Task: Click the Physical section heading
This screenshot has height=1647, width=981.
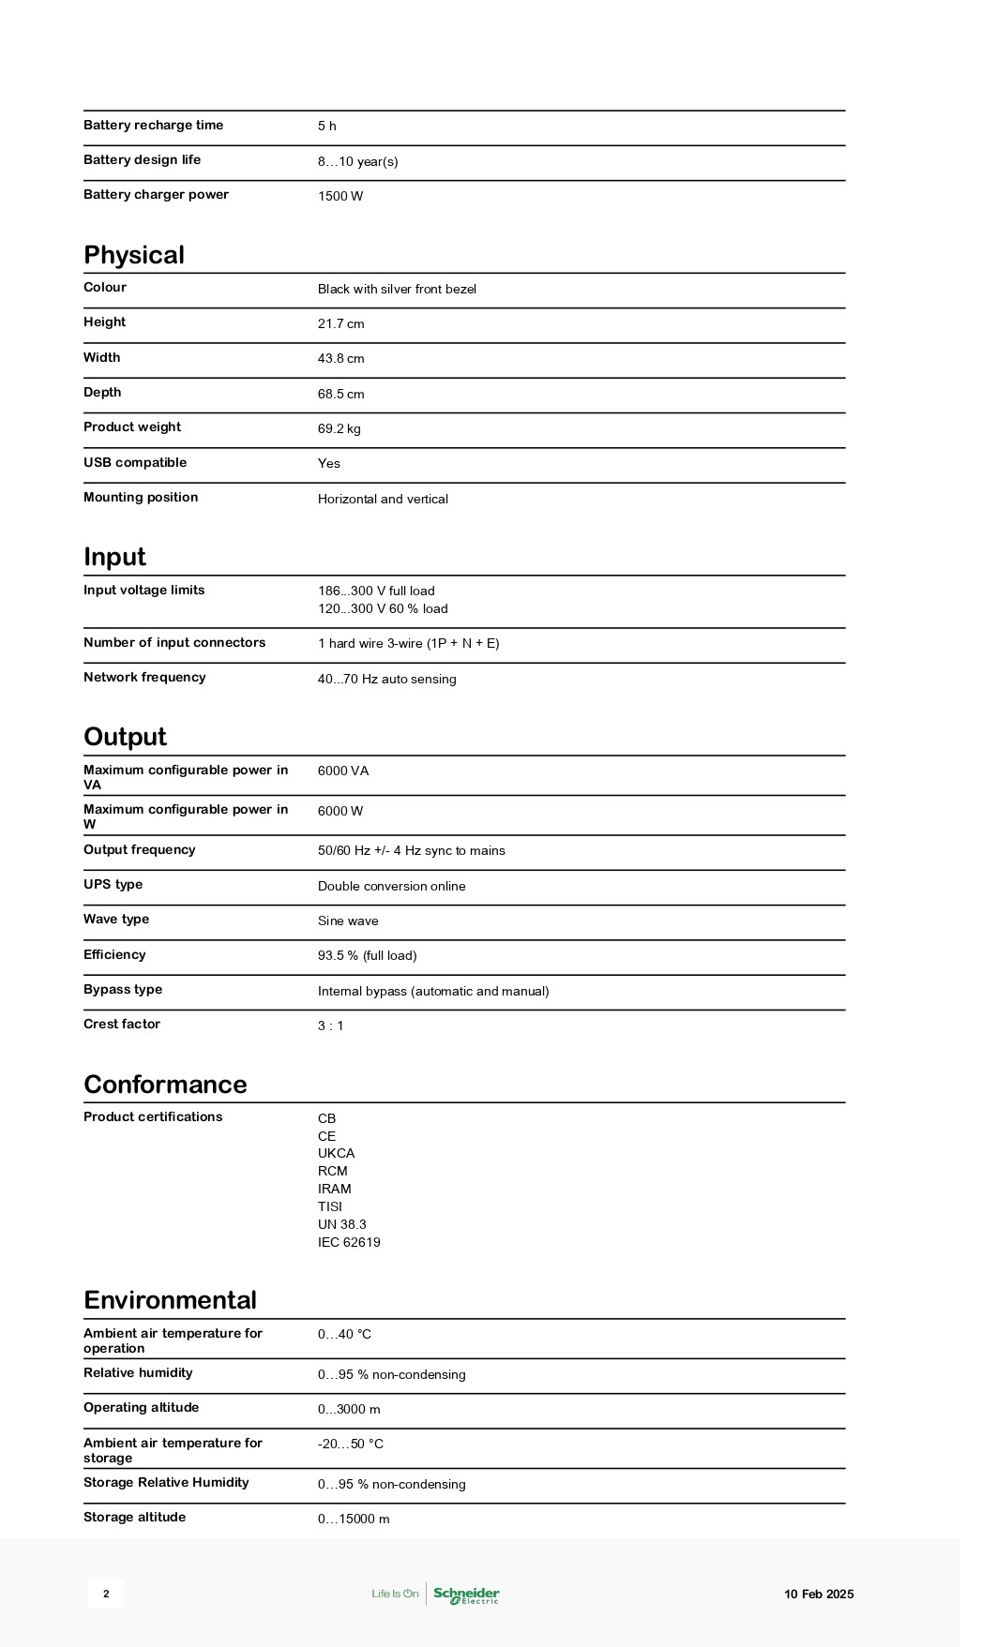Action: tap(134, 255)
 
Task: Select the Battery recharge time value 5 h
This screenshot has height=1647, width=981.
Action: tap(326, 127)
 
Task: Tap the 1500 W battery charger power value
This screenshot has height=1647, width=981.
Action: tap(340, 196)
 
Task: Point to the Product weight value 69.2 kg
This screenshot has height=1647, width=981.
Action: tap(340, 429)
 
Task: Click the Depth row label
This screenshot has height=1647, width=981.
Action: tap(102, 393)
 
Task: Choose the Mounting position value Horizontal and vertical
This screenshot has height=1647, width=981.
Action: tap(383, 499)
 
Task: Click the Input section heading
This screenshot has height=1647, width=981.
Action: tap(114, 557)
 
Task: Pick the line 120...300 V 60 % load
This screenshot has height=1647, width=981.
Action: tap(383, 609)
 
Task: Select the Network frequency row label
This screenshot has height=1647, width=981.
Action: tap(144, 678)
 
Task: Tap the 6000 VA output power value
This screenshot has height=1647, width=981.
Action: tap(343, 771)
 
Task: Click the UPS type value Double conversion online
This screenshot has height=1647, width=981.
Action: tap(391, 887)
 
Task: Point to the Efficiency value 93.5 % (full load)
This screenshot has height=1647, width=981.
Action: tap(367, 956)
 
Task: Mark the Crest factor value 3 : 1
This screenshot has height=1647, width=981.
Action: tap(331, 1026)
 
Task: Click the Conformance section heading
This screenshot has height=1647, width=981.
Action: tap(165, 1085)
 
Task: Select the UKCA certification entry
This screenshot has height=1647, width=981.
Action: tap(336, 1154)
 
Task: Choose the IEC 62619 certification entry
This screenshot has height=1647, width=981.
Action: tap(349, 1243)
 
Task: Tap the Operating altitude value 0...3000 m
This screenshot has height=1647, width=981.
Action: tap(349, 1410)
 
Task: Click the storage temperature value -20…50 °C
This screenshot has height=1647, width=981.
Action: tap(351, 1445)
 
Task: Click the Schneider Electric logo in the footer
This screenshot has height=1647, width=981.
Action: tap(466, 1595)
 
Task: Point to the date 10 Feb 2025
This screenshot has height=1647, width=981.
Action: tap(819, 1595)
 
